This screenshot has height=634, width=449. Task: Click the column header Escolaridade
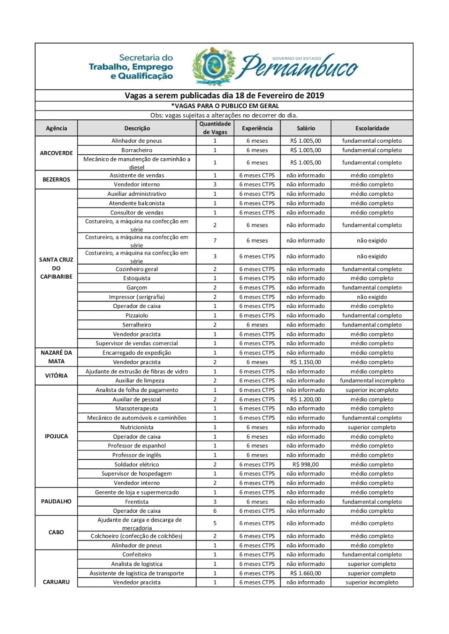pyautogui.click(x=372, y=128)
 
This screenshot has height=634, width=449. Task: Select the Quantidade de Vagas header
pyautogui.click(x=215, y=128)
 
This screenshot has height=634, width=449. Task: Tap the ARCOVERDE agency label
pyautogui.click(x=56, y=153)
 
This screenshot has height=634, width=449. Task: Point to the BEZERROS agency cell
pyautogui.click(x=56, y=180)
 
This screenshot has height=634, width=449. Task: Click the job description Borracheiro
pyautogui.click(x=137, y=150)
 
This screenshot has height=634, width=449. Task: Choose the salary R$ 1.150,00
pyautogui.click(x=305, y=362)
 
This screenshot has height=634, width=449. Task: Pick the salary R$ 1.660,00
pyautogui.click(x=305, y=573)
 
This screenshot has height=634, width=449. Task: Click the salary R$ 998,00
pyautogui.click(x=305, y=464)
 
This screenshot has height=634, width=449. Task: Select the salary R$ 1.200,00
pyautogui.click(x=305, y=399)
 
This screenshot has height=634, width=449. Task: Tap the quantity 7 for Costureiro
pyautogui.click(x=215, y=241)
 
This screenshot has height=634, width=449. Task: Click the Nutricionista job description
pyautogui.click(x=137, y=427)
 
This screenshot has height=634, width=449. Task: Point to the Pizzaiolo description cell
pyautogui.click(x=137, y=315)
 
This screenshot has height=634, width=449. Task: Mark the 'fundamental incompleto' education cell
pyautogui.click(x=372, y=380)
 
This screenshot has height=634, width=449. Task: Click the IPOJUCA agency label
pyautogui.click(x=56, y=436)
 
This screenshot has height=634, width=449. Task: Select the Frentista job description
pyautogui.click(x=137, y=502)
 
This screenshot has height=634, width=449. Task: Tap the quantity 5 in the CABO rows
pyautogui.click(x=215, y=523)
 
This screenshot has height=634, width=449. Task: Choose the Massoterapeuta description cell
pyautogui.click(x=137, y=409)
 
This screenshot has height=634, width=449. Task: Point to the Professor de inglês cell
pyautogui.click(x=137, y=455)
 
